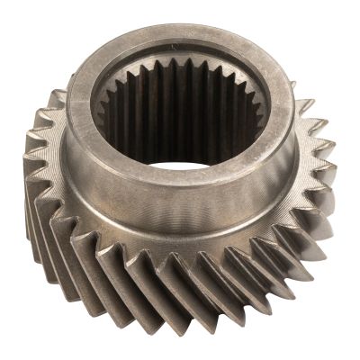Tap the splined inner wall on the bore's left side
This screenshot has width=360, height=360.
(x=112, y=126)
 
